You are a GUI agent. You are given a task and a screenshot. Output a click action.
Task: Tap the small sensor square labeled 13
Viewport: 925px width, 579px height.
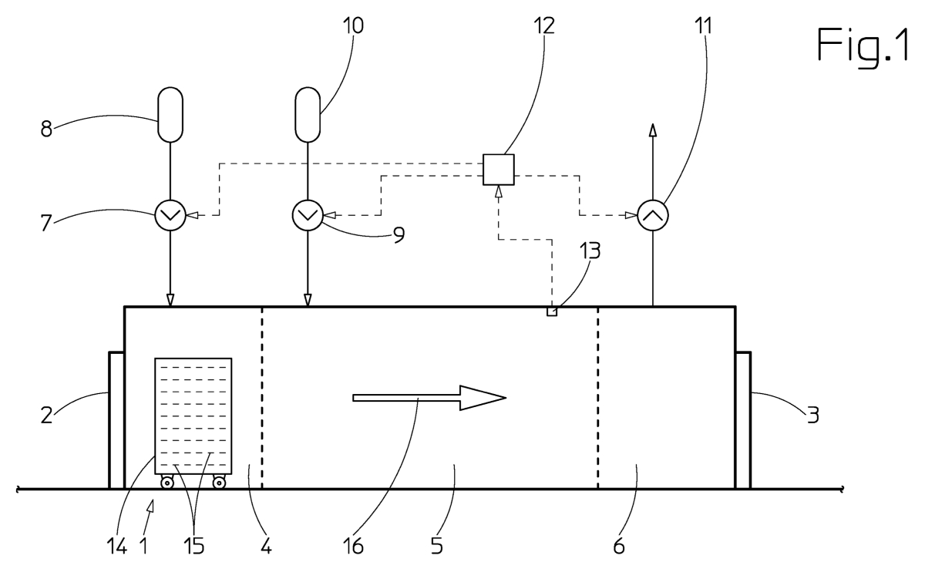tap(552, 311)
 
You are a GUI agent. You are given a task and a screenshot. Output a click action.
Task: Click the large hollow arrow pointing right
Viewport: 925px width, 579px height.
tap(429, 398)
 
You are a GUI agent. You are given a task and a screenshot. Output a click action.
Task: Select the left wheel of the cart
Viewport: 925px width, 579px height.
tap(166, 483)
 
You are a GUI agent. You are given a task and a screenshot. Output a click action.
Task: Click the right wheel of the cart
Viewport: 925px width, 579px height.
tap(219, 483)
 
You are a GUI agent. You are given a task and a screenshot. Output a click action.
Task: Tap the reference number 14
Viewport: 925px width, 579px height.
tap(116, 547)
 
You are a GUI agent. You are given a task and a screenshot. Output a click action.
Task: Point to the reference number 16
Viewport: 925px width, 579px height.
tap(353, 547)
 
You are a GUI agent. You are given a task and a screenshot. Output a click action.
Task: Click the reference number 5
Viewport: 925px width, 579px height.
tap(437, 547)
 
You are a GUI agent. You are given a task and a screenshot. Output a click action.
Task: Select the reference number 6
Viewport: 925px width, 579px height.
tap(618, 547)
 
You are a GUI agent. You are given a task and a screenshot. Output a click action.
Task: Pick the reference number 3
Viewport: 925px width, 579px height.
tap(812, 415)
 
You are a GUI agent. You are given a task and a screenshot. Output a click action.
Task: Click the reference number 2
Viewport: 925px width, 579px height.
tap(47, 415)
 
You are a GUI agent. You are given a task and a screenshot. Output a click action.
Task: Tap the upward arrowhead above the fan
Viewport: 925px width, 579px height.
tap(652, 130)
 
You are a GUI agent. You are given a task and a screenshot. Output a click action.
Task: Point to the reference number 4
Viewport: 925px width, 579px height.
tap(267, 547)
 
